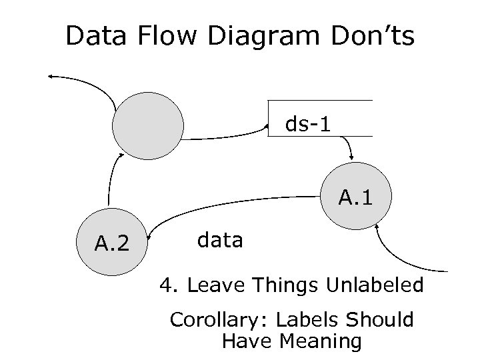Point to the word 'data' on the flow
(221, 239)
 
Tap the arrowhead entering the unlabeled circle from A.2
(121, 155)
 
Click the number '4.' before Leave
(167, 286)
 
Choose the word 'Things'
(287, 286)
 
